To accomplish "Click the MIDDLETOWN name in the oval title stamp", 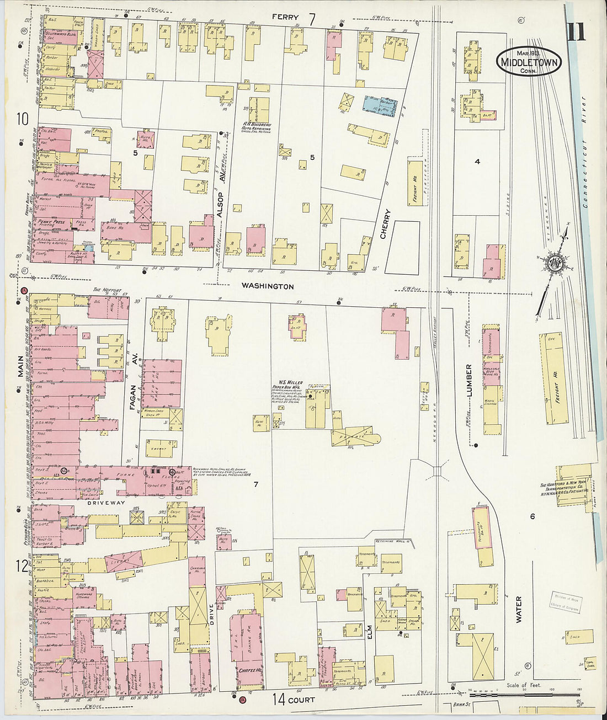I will click(529, 62).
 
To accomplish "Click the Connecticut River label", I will click(585, 152).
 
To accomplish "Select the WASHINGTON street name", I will click(268, 286).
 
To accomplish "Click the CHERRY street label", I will click(385, 223).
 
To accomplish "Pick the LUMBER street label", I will click(469, 381).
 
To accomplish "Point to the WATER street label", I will click(519, 609).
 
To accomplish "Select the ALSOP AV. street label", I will click(223, 185).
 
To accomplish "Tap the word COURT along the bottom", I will click(301, 700).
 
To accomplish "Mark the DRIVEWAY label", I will click(103, 503).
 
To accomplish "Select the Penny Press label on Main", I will click(51, 222).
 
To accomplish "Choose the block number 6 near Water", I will click(533, 516).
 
